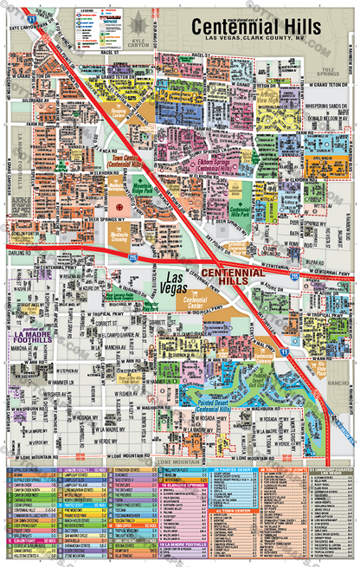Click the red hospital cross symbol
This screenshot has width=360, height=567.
119,209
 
